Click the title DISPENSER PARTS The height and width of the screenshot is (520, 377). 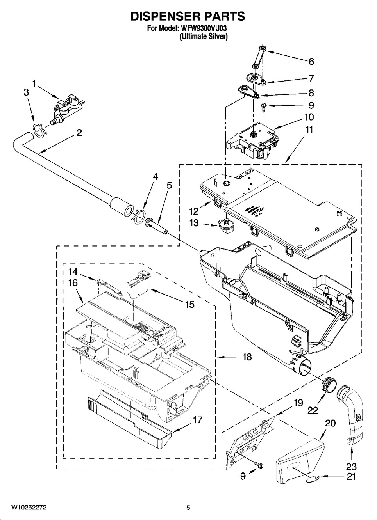(x=188, y=16)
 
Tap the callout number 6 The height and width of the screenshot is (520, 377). (x=311, y=61)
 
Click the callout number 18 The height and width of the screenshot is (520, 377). (x=247, y=357)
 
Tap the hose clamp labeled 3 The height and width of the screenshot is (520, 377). (x=39, y=130)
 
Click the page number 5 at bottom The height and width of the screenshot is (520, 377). (x=188, y=508)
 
